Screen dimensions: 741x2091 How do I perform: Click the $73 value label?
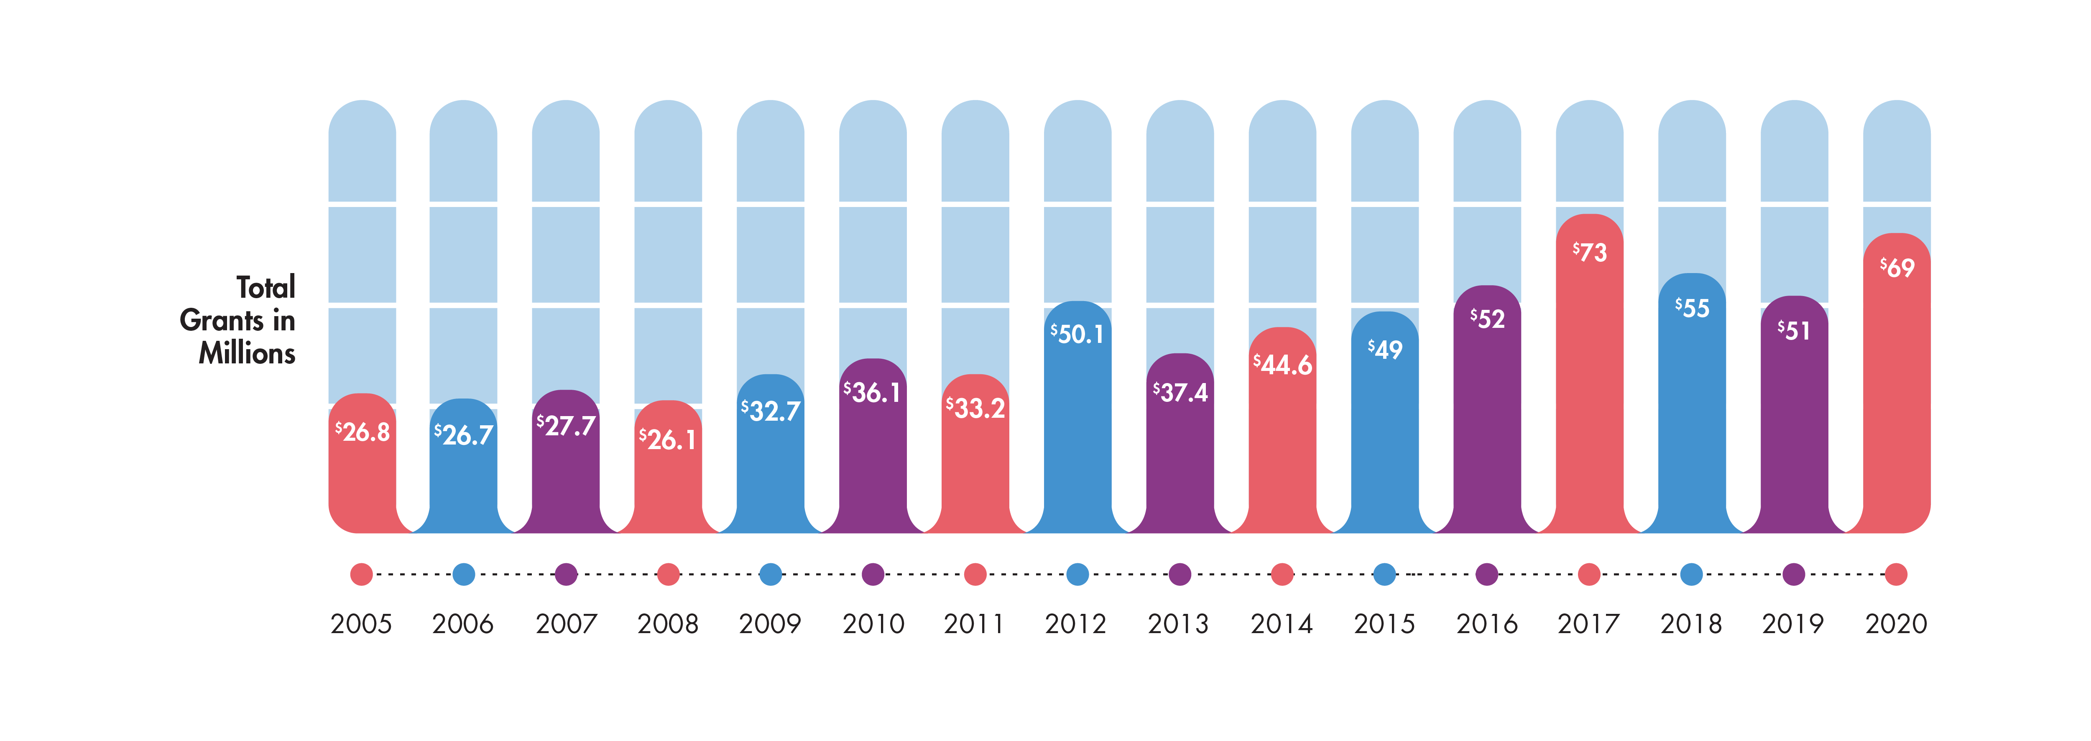tap(1589, 253)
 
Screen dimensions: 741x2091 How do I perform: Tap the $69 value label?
tap(1897, 268)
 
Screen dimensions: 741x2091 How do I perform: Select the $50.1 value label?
tap(1077, 334)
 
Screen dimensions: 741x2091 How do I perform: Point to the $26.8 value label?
tap(362, 432)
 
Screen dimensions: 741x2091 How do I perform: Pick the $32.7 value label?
tap(770, 411)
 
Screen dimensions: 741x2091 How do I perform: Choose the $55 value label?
tap(1692, 309)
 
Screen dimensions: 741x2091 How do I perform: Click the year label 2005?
tap(361, 624)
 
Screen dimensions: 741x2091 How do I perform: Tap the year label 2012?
tap(1075, 624)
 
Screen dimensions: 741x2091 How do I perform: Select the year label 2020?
tap(1896, 624)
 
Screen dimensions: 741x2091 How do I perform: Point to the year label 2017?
tap(1588, 624)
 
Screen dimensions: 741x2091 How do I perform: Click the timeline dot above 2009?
tap(770, 575)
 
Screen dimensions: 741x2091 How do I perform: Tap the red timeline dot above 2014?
tap(1282, 575)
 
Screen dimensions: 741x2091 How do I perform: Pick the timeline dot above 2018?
tap(1692, 575)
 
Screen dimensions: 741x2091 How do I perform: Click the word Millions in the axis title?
tap(247, 354)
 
